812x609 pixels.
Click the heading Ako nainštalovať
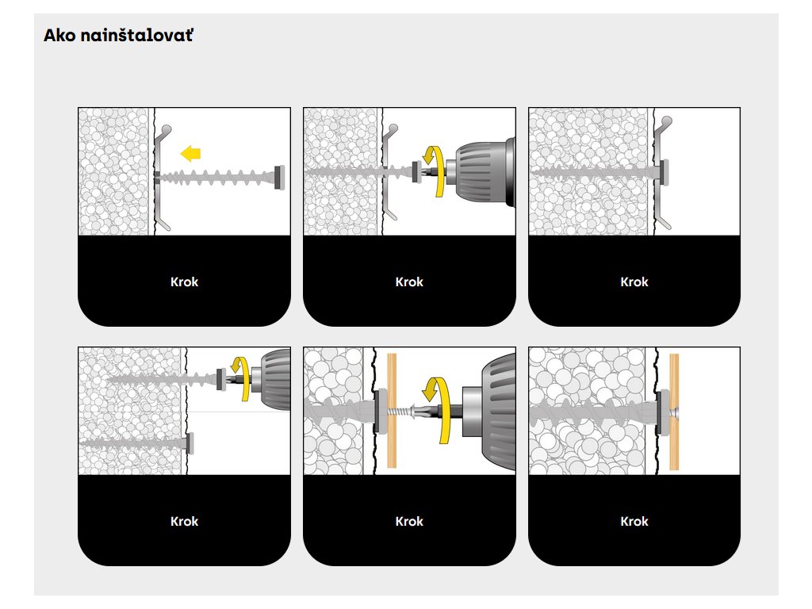pos(118,35)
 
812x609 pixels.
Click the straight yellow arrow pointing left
pos(190,154)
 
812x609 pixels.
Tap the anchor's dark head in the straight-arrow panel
pos(280,178)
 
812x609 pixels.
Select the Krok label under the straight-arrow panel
pos(184,282)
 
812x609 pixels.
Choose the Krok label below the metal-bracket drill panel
pos(409,282)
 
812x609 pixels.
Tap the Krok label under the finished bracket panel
pos(634,282)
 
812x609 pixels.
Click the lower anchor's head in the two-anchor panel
pos(190,442)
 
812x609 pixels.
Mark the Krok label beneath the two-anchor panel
pos(184,521)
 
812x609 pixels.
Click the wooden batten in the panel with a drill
pos(392,411)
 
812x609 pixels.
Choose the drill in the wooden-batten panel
pos(485,412)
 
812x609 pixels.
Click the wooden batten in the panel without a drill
pos(674,412)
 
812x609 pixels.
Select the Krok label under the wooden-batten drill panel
pos(409,521)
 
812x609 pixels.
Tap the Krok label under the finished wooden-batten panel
pos(634,521)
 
